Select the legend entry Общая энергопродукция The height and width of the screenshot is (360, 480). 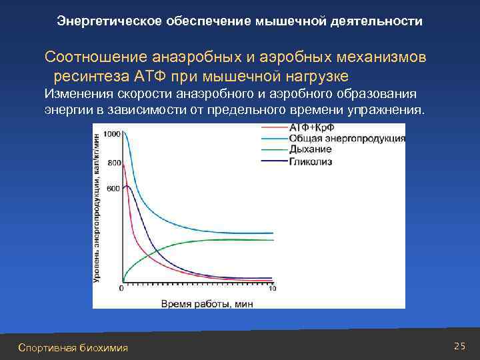pyautogui.click(x=347, y=139)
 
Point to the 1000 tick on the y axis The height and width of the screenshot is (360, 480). pyautogui.click(x=112, y=134)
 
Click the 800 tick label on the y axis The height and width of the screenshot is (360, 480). pyautogui.click(x=114, y=163)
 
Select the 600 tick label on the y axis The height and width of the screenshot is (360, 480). pyautogui.click(x=114, y=189)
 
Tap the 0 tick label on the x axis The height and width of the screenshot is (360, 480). pyautogui.click(x=121, y=289)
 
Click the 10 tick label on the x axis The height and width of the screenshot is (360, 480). pyautogui.click(x=272, y=289)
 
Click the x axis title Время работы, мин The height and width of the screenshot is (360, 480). pyautogui.click(x=197, y=303)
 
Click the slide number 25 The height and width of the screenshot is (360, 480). pyautogui.click(x=458, y=345)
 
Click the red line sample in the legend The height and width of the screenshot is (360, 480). pyautogui.click(x=273, y=128)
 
